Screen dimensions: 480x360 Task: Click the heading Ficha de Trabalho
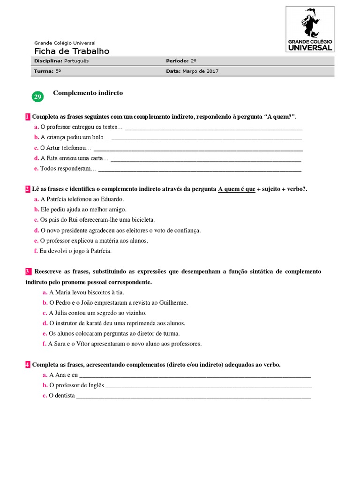(x=72, y=51)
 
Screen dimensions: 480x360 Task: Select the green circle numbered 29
(x=37, y=97)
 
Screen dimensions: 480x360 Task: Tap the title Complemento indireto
(x=88, y=93)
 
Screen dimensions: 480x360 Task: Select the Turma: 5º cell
(x=48, y=71)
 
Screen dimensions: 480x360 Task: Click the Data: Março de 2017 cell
(x=192, y=71)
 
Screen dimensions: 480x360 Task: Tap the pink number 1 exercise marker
(x=28, y=116)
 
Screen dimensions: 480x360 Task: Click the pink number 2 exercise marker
(x=28, y=188)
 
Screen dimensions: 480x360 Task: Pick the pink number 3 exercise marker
(x=28, y=271)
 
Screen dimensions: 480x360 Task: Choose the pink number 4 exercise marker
(x=28, y=364)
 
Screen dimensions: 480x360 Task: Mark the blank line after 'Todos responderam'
(x=200, y=170)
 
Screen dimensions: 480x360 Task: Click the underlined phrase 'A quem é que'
(x=237, y=188)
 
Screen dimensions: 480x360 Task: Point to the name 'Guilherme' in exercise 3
(x=173, y=302)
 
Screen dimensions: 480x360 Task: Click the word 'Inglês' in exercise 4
(x=94, y=385)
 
